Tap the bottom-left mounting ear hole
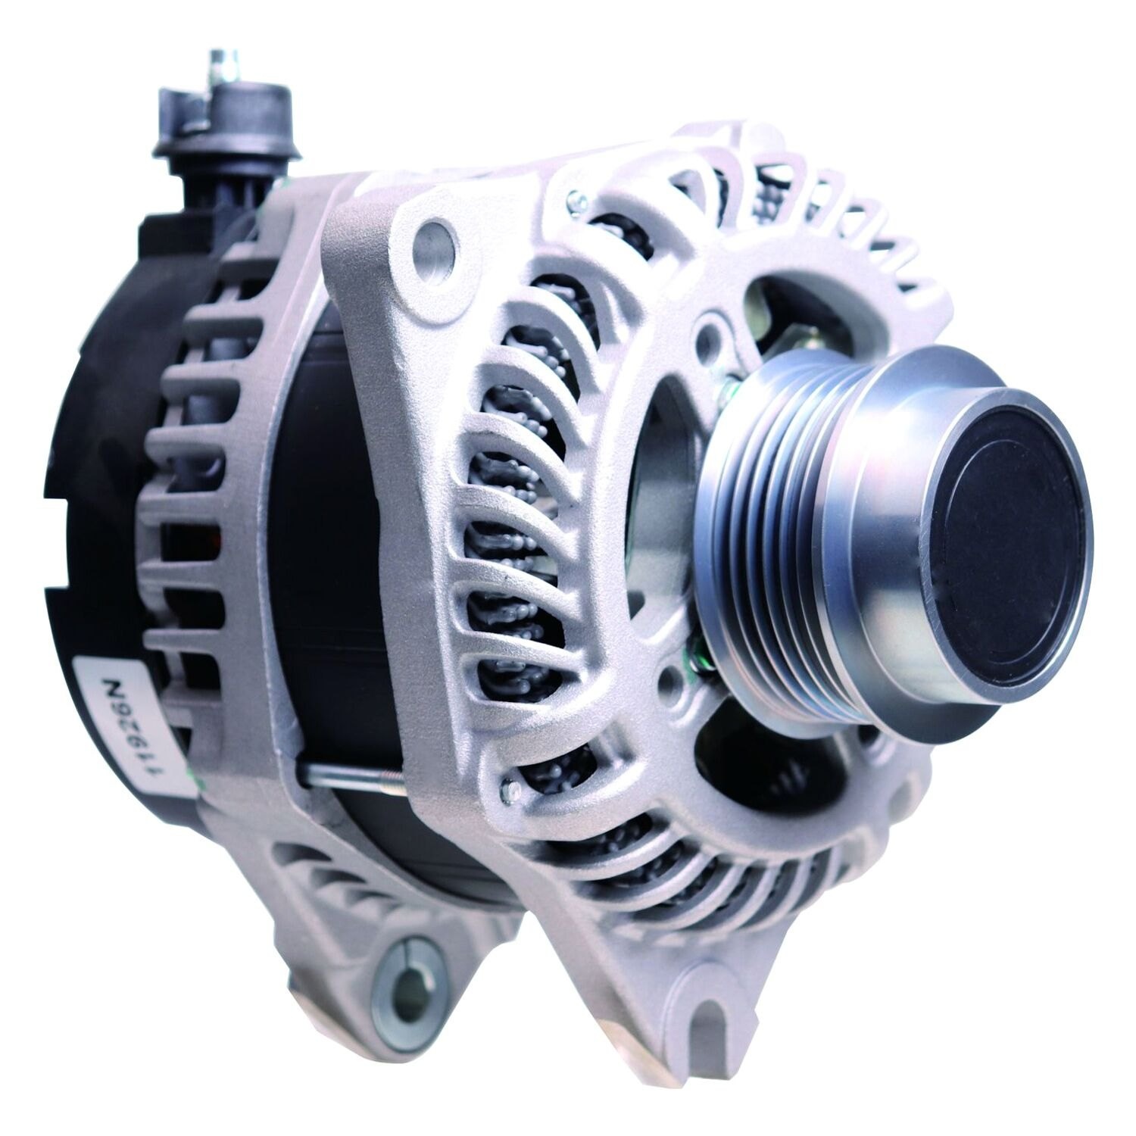pyautogui.click(x=410, y=969)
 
